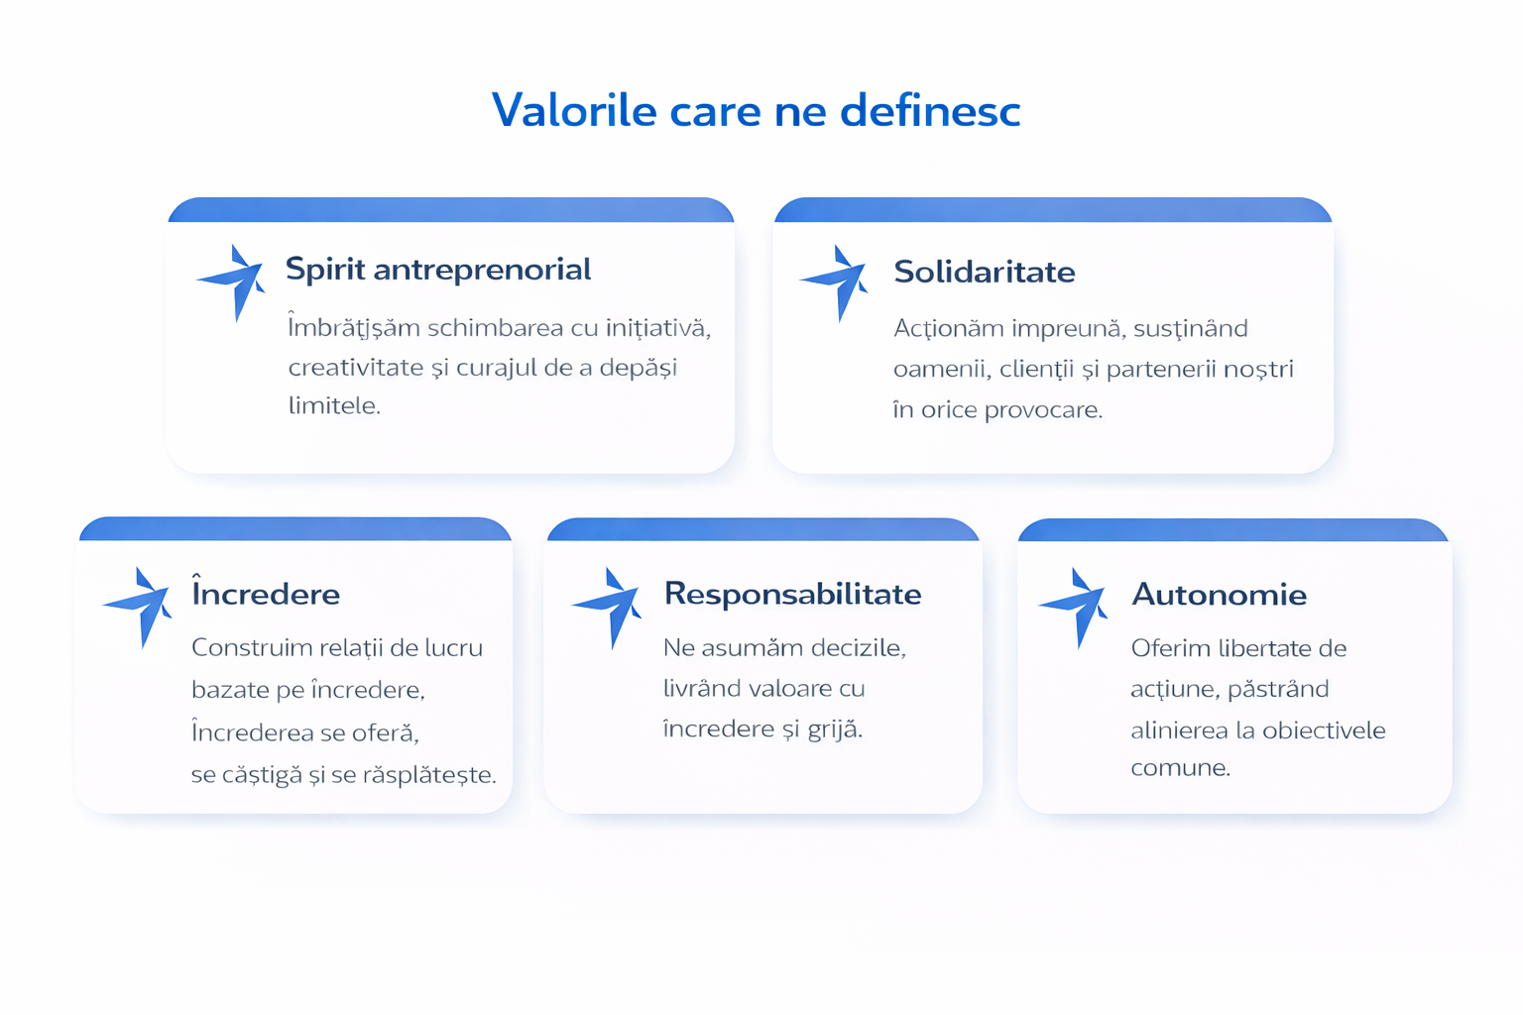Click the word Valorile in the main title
pos(574,110)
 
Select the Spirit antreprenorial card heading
pos(438,270)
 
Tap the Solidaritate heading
pos(985,272)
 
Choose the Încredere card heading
pos(266,592)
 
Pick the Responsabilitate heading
pos(793,594)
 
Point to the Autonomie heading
pos(1219,595)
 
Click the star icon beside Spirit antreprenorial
pos(233,282)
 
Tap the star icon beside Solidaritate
pos(835,282)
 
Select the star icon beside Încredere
pos(138,607)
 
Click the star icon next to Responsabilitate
pos(607,608)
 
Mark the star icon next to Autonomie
pos(1074,608)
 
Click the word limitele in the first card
pos(334,405)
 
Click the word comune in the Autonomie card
pos(1181,768)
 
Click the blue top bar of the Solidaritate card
pos(1052,210)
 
